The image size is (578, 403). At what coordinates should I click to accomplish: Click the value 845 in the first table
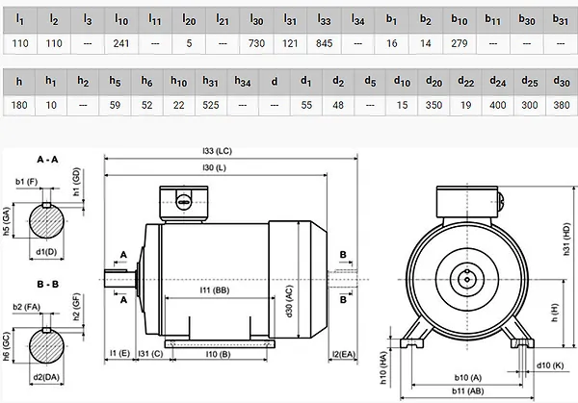click(324, 43)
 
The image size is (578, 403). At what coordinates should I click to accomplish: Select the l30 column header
click(256, 20)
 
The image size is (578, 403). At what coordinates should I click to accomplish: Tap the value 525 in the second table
click(210, 105)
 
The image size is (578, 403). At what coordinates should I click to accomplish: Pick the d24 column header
click(498, 82)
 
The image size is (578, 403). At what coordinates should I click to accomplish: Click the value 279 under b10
click(460, 43)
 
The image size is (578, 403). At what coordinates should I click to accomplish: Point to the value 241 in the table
click(121, 43)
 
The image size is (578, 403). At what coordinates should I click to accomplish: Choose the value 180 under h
click(19, 105)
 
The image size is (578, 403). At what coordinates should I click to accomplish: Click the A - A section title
click(47, 160)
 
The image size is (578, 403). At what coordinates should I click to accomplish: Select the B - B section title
click(47, 284)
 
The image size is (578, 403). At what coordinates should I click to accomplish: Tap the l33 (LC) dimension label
click(217, 151)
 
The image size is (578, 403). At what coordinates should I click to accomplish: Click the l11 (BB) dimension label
click(215, 290)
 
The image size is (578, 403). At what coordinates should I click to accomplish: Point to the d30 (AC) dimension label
click(289, 301)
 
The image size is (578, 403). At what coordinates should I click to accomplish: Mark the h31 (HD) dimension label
click(566, 239)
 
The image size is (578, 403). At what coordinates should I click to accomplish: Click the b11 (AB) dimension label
click(468, 390)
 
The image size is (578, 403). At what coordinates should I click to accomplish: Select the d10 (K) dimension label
click(550, 365)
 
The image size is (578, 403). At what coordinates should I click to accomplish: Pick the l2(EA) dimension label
click(344, 354)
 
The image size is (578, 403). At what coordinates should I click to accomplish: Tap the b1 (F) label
click(27, 182)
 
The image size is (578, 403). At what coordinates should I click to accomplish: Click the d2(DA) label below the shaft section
click(46, 377)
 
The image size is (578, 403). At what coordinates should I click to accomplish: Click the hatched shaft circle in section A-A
click(46, 221)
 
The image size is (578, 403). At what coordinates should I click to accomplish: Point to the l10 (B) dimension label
click(219, 354)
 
